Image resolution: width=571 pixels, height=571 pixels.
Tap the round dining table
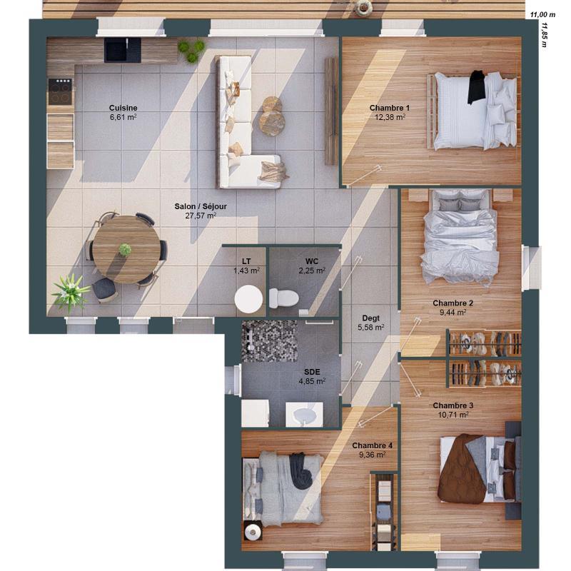pos(125,249)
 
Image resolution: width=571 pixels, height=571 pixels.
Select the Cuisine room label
pos(123,108)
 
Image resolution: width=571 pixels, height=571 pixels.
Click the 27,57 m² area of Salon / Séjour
pos(201,216)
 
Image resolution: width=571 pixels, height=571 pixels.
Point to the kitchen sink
pos(117,49)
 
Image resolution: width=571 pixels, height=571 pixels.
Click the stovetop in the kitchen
pos(60,91)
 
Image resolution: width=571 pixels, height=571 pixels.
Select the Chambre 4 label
pos(372,445)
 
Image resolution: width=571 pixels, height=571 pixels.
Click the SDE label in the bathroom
pos(312,372)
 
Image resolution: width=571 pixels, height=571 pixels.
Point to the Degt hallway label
pos(370,318)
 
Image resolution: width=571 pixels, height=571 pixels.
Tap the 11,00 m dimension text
pos(542,14)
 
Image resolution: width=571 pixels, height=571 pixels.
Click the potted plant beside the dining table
pos(71,291)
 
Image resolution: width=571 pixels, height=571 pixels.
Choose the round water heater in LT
pos(249,298)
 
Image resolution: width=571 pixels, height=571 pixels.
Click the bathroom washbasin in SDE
pos(305,414)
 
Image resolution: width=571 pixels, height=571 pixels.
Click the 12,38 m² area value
pos(390,116)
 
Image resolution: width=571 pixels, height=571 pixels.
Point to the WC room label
pos(312,261)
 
